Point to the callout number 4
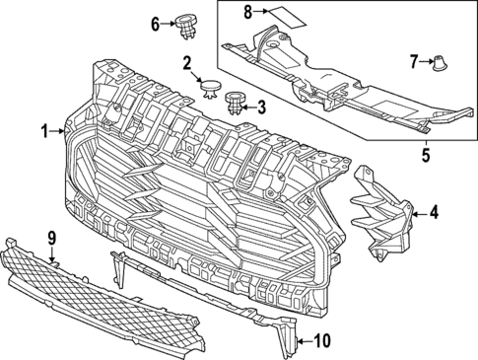pos(435,210)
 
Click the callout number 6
pos(154,23)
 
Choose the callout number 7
pos(414,61)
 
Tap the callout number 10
pos(321,341)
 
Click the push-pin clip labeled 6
pos(185,28)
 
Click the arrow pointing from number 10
pos(304,341)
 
